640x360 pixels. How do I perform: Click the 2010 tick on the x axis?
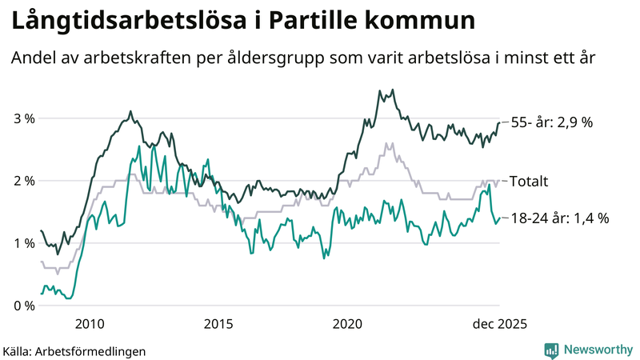click(x=89, y=324)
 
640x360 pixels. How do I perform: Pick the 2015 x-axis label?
click(x=218, y=324)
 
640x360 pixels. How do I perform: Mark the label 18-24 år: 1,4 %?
click(x=560, y=218)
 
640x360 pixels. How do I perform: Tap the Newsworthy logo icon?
click(x=551, y=350)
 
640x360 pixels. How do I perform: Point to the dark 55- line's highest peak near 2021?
click(x=392, y=90)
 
